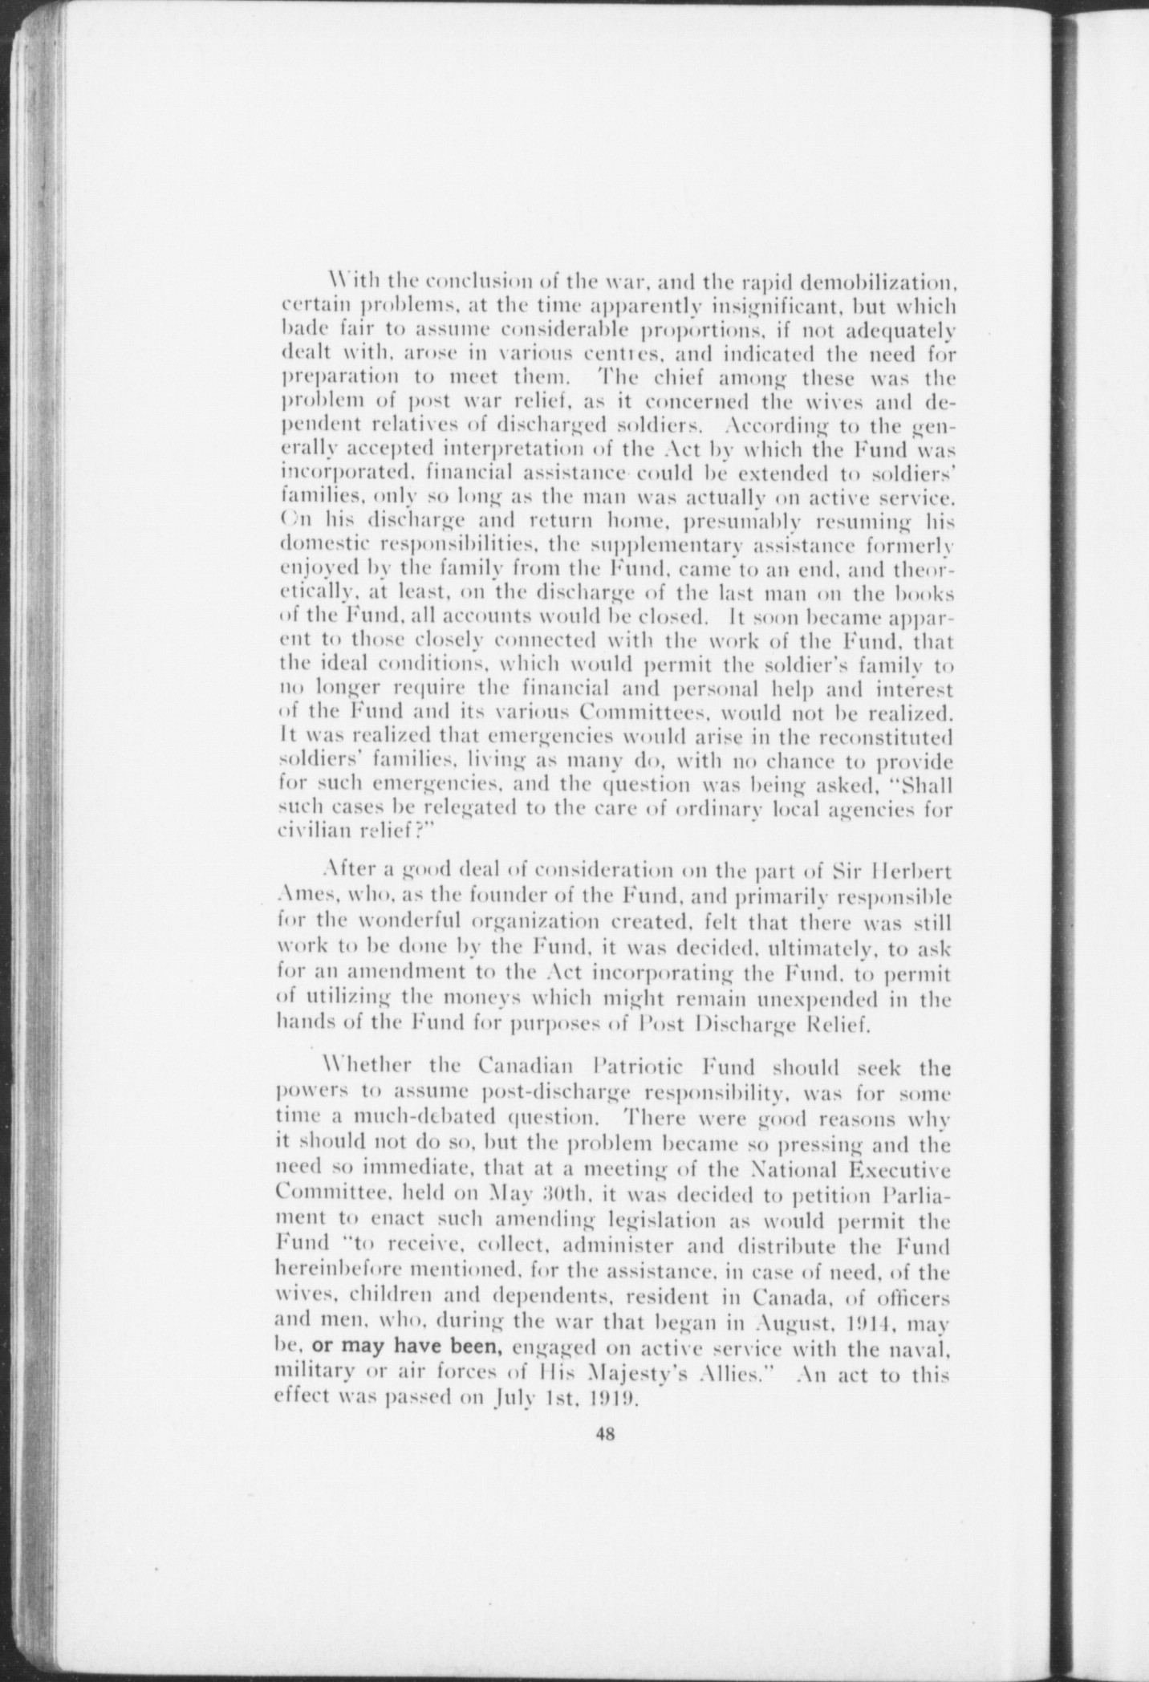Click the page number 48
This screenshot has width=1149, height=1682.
pos(605,1436)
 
